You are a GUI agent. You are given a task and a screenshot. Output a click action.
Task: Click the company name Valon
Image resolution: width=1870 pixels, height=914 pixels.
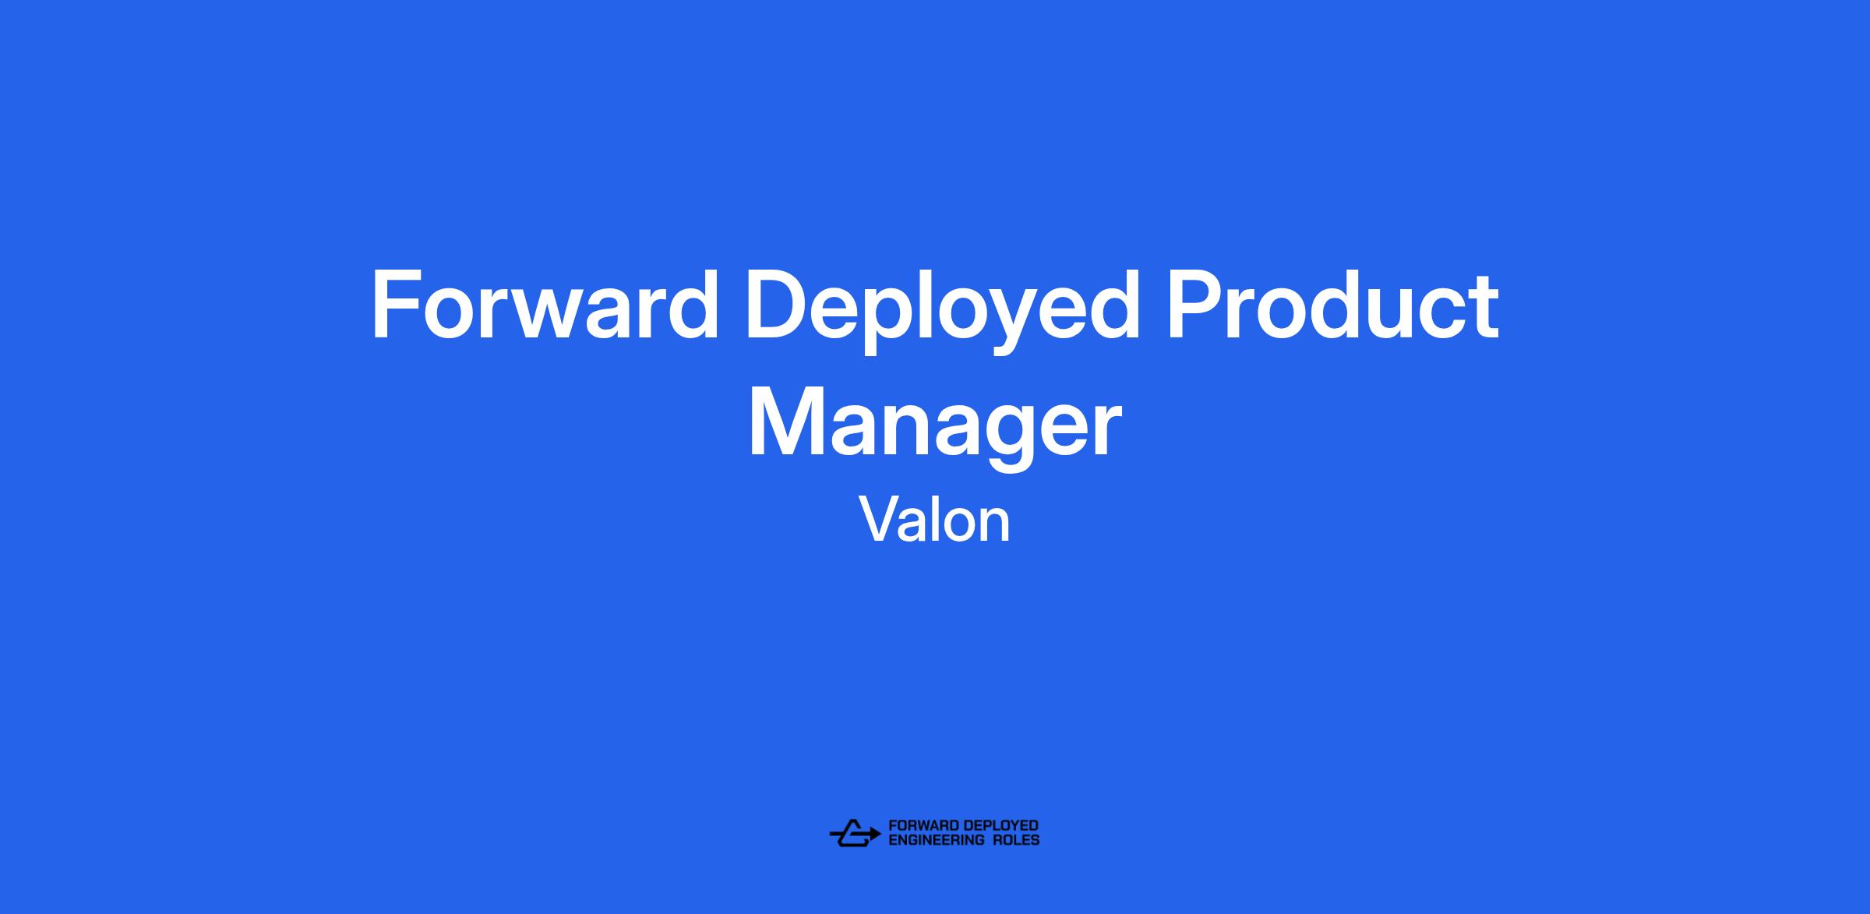pos(935,521)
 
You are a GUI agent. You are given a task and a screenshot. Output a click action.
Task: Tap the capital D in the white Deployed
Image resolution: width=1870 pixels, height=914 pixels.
pos(781,305)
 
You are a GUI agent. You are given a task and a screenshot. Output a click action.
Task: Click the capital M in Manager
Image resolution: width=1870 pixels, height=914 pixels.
pos(789,421)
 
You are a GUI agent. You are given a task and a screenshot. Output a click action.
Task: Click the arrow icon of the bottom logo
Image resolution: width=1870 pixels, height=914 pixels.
pos(855,833)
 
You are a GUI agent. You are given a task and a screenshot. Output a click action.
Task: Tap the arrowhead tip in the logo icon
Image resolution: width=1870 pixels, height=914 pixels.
pos(881,834)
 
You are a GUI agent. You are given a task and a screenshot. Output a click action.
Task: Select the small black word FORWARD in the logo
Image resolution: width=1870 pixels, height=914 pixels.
pos(923,826)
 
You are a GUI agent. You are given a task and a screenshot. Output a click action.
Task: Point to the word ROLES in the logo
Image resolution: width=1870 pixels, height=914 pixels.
pos(1016,840)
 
